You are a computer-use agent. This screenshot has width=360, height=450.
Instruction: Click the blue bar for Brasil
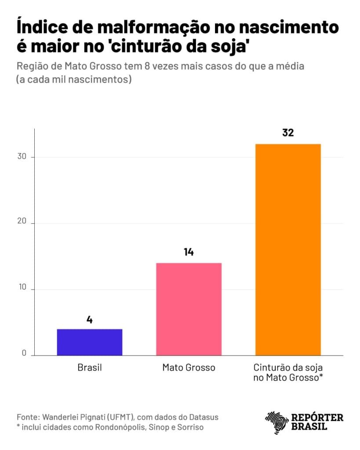point(90,342)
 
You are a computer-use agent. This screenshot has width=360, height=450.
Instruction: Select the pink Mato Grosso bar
point(189,309)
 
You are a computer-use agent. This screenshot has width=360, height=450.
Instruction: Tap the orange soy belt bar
point(288,249)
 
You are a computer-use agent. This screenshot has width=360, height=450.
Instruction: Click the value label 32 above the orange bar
point(288,132)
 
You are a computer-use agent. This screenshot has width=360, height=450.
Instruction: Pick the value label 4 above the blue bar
point(90,319)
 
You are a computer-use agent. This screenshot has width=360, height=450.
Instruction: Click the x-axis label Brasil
point(89,367)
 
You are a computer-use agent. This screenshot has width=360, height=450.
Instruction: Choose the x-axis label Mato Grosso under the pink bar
point(189,367)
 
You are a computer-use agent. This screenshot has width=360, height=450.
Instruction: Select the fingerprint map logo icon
point(276,422)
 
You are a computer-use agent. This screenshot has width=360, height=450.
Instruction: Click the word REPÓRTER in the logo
point(317,417)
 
